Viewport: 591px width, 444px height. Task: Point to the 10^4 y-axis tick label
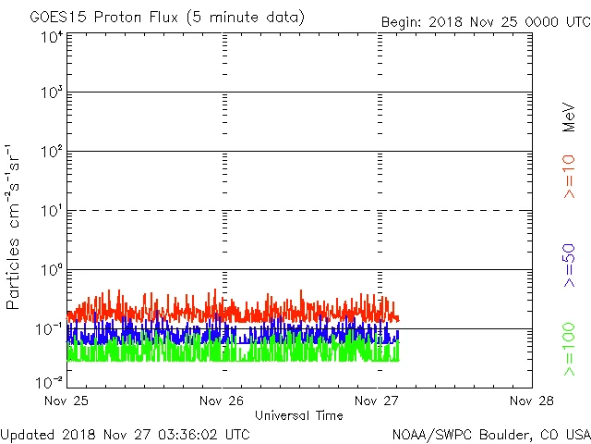coord(51,37)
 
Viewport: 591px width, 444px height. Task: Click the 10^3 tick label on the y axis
coord(51,93)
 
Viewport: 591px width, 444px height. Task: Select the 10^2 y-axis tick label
coord(51,153)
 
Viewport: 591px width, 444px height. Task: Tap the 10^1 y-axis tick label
coord(51,212)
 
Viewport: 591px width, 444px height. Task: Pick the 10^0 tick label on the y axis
coord(51,271)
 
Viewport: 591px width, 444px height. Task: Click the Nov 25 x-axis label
coord(66,401)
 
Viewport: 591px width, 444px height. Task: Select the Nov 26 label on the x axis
coord(222,401)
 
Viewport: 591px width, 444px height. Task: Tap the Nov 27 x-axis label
coord(377,401)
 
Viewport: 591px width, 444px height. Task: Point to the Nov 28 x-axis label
coord(532,401)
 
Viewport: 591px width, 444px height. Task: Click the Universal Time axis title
coord(299,415)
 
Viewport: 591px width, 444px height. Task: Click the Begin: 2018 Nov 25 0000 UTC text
coord(484,21)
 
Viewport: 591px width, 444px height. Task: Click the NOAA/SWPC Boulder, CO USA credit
coord(490,433)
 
